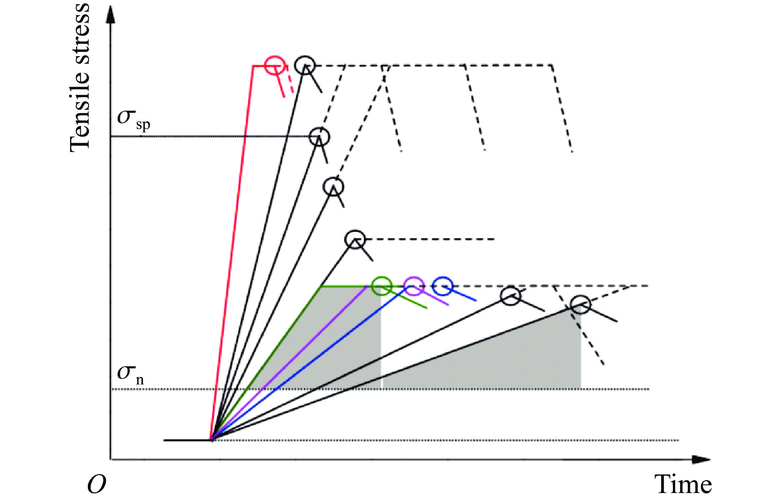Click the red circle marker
(274, 65)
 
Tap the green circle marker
(382, 286)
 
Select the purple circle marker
(413, 286)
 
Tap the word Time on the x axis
(683, 484)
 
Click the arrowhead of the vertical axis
(111, 15)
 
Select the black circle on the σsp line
(319, 137)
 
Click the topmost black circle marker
(304, 65)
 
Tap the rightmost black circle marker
(580, 304)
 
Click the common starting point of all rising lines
(211, 440)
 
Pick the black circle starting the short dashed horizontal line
(355, 239)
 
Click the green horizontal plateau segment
(344, 286)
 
